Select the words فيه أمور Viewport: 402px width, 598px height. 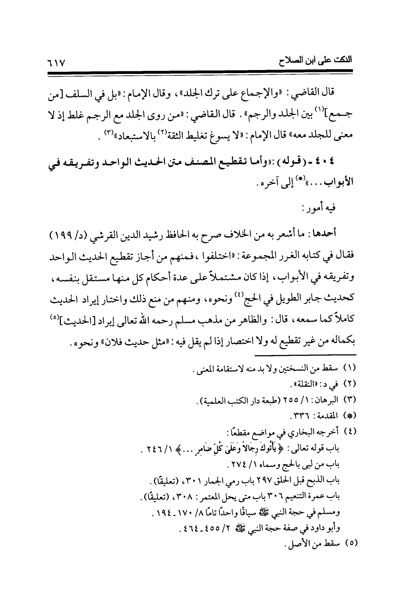pos(320,208)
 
